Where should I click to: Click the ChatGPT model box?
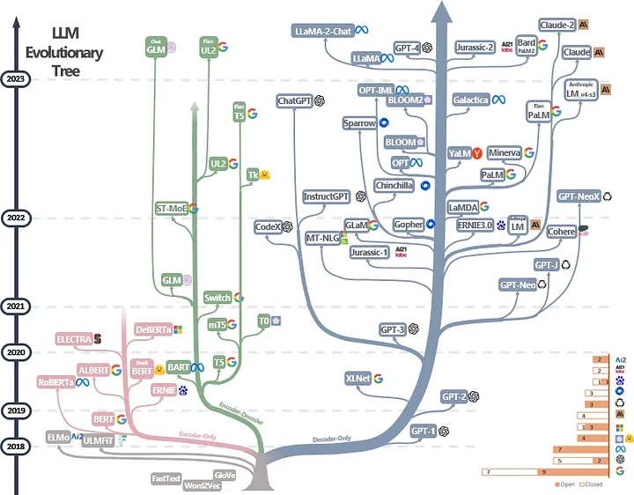pyautogui.click(x=296, y=101)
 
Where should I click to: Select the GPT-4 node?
pyautogui.click(x=406, y=48)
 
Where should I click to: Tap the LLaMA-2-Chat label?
pyautogui.click(x=323, y=31)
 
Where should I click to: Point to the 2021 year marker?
pyautogui.click(x=16, y=307)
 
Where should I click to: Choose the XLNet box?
pyautogui.click(x=358, y=378)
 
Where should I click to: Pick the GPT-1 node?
pyautogui.click(x=424, y=432)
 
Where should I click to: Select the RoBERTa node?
pyautogui.click(x=55, y=382)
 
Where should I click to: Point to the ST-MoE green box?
pyautogui.click(x=171, y=209)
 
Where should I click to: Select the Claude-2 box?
pyautogui.click(x=557, y=26)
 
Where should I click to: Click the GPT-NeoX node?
pyautogui.click(x=579, y=197)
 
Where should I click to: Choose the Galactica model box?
pyautogui.click(x=471, y=100)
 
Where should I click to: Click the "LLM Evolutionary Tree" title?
pyautogui.click(x=63, y=44)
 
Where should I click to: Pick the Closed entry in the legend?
pyautogui.click(x=593, y=484)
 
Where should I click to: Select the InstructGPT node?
pyautogui.click(x=327, y=196)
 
